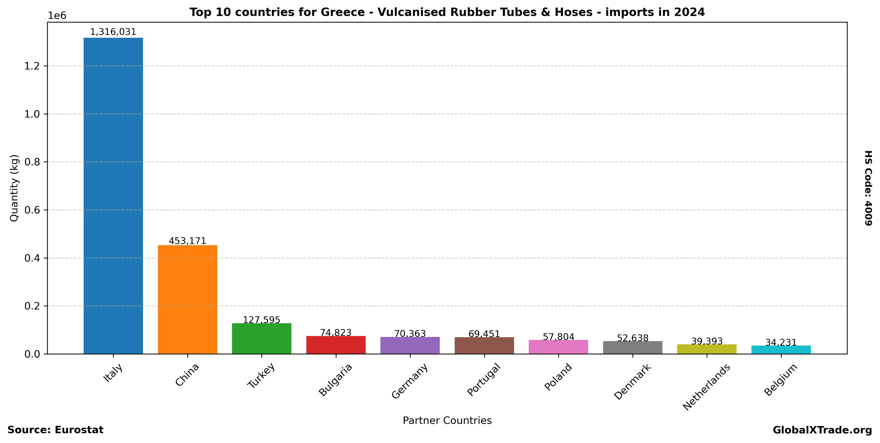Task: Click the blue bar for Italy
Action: (x=113, y=196)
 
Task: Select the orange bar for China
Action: (x=187, y=300)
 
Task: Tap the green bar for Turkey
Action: (x=261, y=339)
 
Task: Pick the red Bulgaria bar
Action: (x=336, y=345)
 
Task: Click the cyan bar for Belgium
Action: (x=781, y=350)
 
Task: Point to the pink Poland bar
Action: (x=558, y=347)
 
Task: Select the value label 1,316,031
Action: (x=113, y=32)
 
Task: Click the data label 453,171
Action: (x=187, y=241)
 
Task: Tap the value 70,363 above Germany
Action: (x=410, y=334)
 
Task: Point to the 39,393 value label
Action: (x=707, y=342)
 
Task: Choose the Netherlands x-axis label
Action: (x=706, y=387)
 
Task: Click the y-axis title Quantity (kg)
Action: (x=14, y=188)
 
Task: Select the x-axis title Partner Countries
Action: (x=447, y=420)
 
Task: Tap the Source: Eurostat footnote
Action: (x=55, y=430)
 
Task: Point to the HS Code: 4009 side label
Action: (x=868, y=188)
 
